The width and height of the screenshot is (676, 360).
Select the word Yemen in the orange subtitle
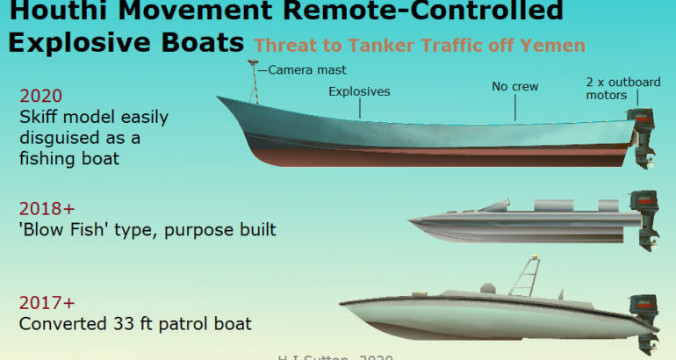tap(557, 45)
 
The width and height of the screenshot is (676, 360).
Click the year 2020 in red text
tap(40, 97)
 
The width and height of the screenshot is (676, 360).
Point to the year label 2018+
tap(47, 209)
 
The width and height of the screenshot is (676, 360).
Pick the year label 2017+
tap(47, 303)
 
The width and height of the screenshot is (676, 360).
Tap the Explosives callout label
tap(359, 90)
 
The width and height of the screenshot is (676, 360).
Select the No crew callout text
tap(514, 87)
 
